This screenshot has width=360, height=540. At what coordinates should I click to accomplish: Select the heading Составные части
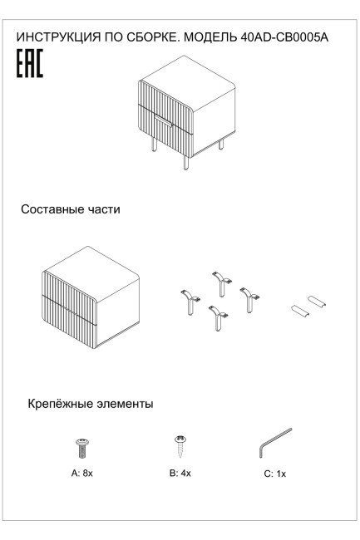(x=72, y=210)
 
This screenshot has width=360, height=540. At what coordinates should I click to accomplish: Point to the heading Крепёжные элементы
(x=90, y=405)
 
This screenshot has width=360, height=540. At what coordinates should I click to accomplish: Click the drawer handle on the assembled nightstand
(x=163, y=124)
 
